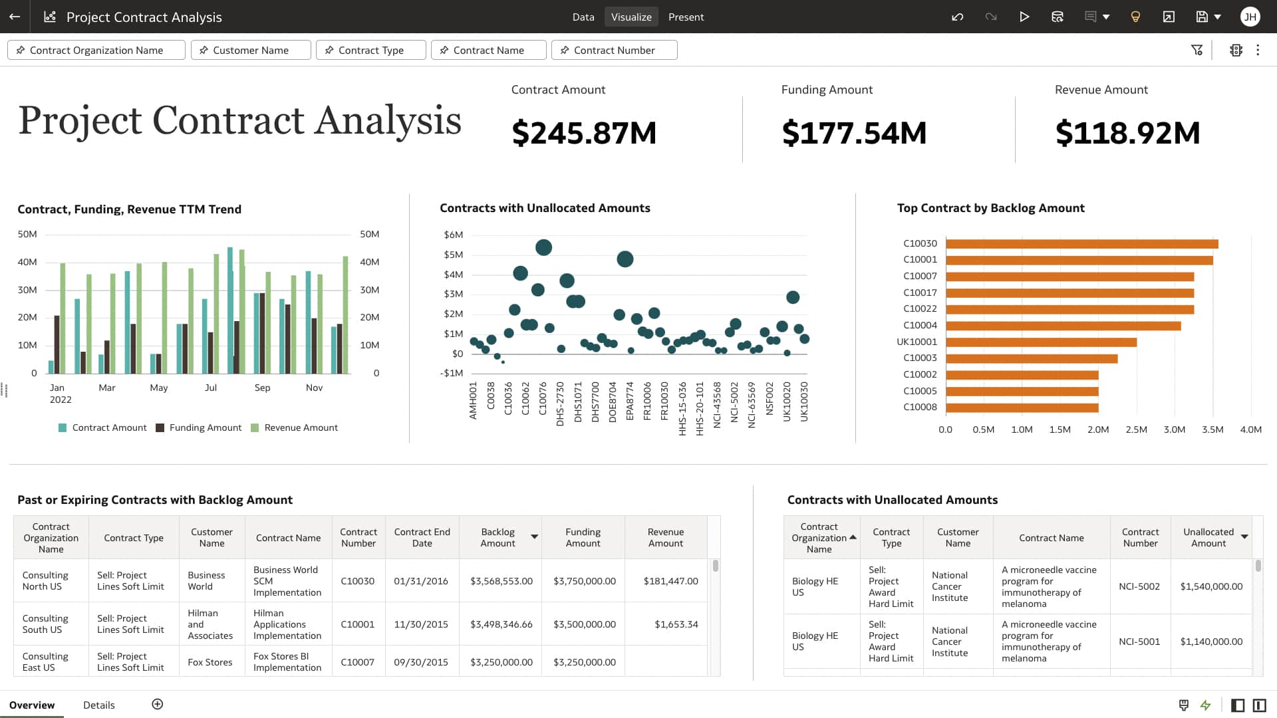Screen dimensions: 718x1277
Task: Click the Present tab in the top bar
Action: [686, 17]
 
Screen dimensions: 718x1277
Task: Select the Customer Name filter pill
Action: [250, 50]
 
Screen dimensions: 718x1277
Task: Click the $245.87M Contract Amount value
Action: [584, 133]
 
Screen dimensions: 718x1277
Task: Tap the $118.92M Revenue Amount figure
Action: [1127, 133]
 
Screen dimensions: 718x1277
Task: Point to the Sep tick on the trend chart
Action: [262, 388]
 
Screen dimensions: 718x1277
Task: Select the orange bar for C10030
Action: [1081, 244]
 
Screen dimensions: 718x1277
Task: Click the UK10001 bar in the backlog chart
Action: [1041, 342]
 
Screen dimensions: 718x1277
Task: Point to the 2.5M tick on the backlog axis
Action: [1136, 429]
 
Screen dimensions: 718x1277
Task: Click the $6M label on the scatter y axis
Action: [453, 235]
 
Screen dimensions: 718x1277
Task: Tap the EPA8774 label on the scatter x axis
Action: [630, 402]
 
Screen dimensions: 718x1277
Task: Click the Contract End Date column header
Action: [422, 537]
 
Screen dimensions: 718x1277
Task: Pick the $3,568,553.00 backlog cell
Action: [501, 581]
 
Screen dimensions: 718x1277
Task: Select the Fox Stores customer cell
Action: [210, 662]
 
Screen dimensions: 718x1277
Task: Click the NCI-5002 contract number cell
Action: [1139, 586]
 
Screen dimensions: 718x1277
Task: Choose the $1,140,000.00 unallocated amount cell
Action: [1211, 642]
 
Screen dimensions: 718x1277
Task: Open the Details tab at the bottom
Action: [98, 705]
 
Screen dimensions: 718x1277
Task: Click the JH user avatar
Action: [1250, 17]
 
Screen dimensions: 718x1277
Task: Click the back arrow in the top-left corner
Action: [15, 17]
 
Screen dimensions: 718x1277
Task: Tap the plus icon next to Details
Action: [158, 704]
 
